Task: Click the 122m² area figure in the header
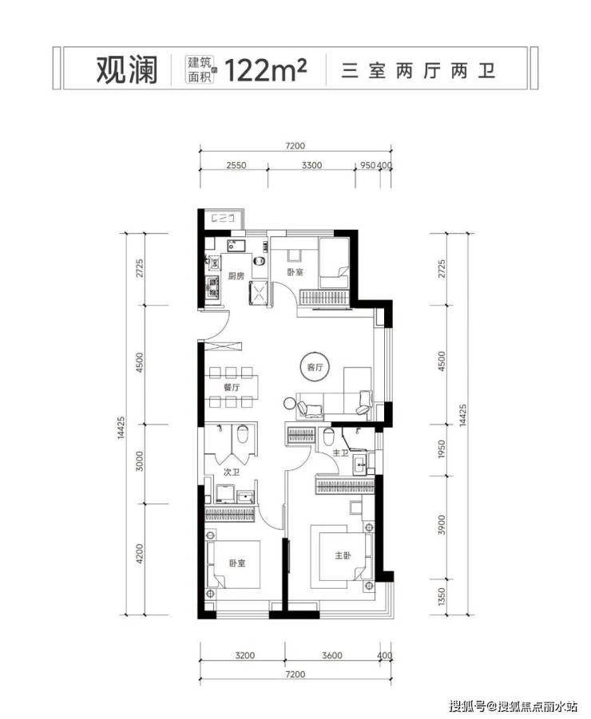click(x=265, y=70)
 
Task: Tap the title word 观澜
click(x=127, y=70)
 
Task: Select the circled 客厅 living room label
click(x=315, y=366)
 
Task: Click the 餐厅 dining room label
click(x=232, y=387)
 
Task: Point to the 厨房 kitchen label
click(x=236, y=275)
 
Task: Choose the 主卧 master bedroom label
click(x=343, y=555)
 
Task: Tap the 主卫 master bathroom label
click(x=340, y=453)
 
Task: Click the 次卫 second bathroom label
click(x=232, y=472)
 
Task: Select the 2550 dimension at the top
click(x=236, y=165)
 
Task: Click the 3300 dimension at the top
click(x=311, y=165)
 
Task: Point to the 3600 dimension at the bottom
click(x=331, y=655)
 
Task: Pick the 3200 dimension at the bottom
click(x=244, y=655)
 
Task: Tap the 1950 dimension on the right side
click(x=442, y=449)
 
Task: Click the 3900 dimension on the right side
click(x=442, y=524)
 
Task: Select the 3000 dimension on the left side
click(x=140, y=460)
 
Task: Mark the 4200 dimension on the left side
click(x=140, y=554)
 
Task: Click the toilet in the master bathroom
click(x=327, y=437)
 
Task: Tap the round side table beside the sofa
click(x=290, y=404)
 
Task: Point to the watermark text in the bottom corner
click(x=513, y=705)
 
